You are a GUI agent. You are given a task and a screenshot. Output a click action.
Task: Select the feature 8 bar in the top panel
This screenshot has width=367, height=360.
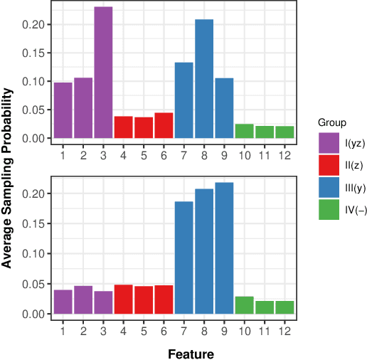point(204,79)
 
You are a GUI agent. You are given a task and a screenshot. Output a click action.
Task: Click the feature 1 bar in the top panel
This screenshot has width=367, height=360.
point(63,110)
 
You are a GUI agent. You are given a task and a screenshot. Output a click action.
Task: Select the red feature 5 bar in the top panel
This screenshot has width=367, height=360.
point(144,127)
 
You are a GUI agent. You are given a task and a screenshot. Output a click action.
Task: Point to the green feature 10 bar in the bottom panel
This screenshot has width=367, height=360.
point(244,305)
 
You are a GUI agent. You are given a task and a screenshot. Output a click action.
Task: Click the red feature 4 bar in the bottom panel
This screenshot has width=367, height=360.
point(124,299)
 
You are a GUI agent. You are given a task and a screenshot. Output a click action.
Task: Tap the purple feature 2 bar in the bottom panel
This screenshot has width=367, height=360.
point(83,300)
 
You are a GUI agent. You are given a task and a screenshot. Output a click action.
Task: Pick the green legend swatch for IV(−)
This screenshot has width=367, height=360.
point(328,211)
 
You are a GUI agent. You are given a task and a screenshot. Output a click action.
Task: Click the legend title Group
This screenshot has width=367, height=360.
point(331,122)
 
